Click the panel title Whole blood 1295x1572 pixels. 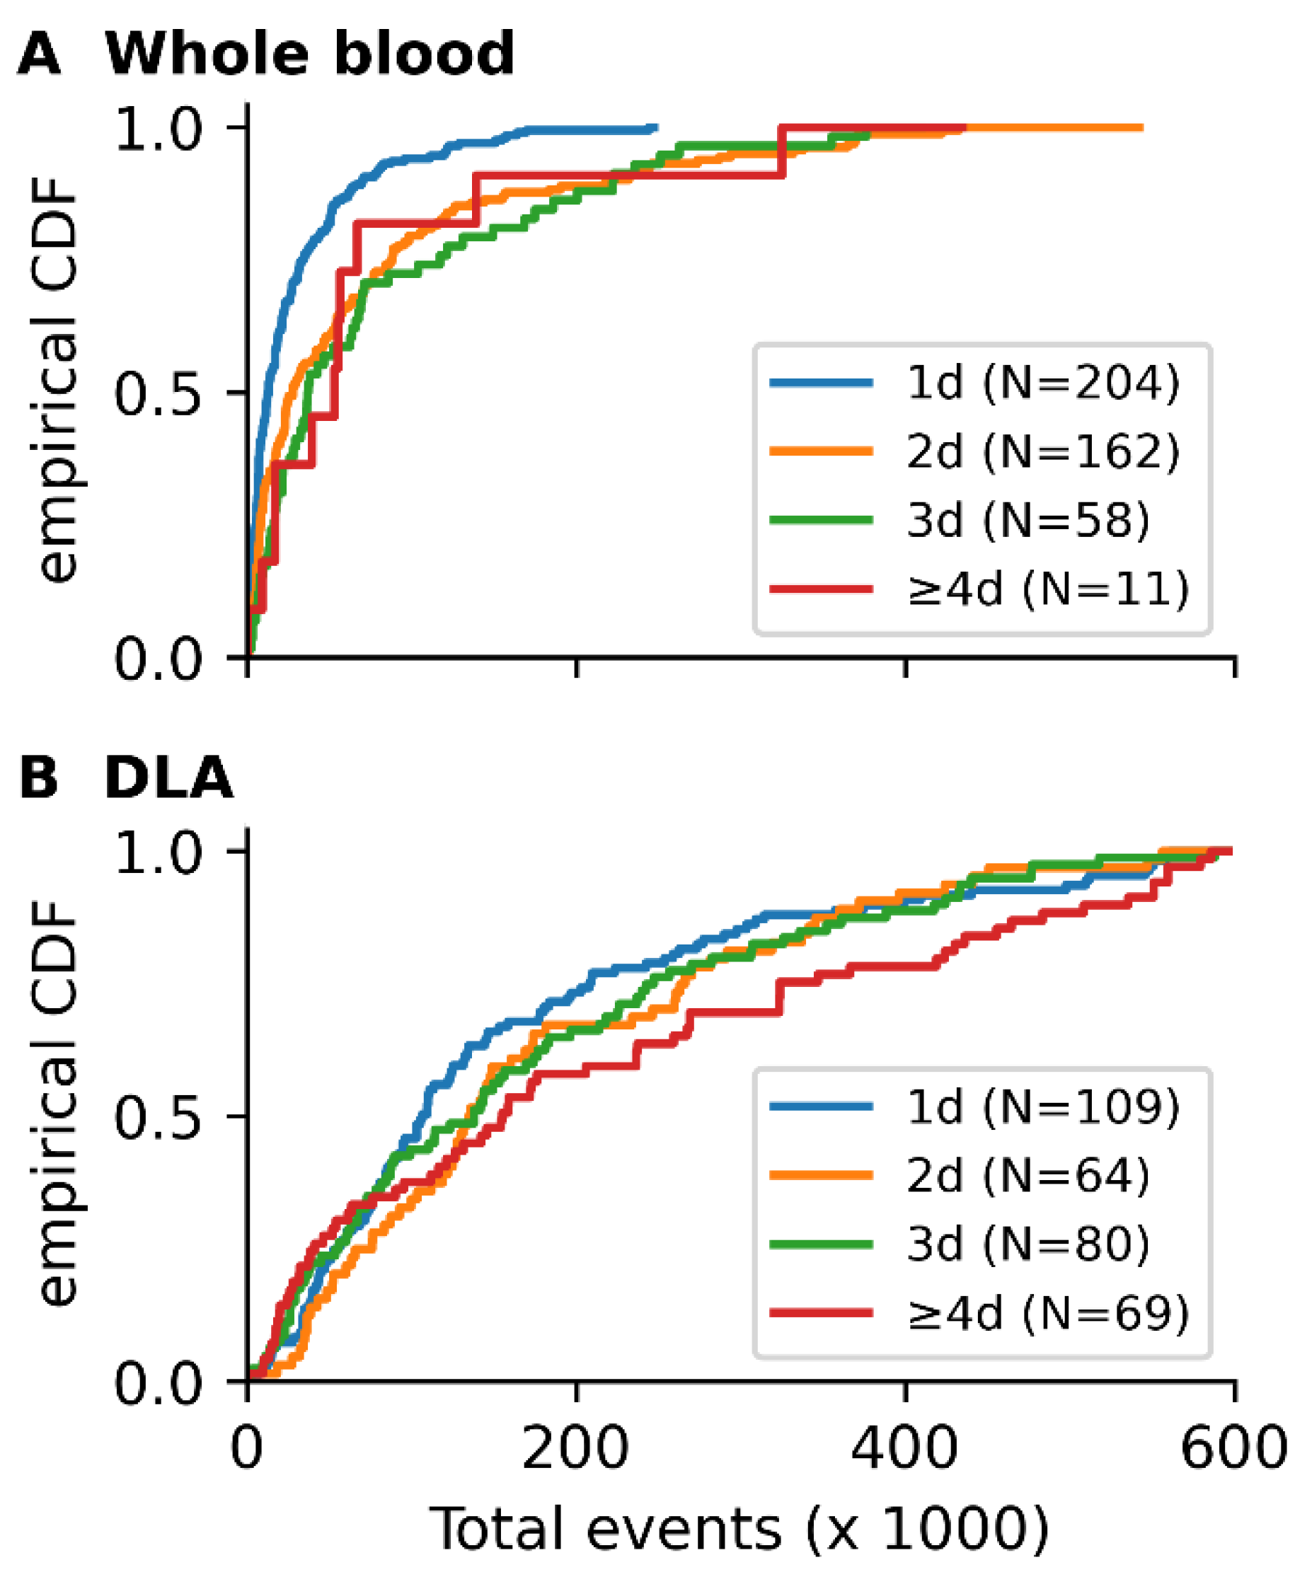(x=309, y=54)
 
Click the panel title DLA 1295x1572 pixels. (x=168, y=778)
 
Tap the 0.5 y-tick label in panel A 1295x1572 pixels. (x=157, y=393)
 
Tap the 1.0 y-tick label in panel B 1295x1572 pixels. (x=157, y=852)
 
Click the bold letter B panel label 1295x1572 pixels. (x=39, y=778)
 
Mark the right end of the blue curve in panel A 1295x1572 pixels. (x=657, y=127)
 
